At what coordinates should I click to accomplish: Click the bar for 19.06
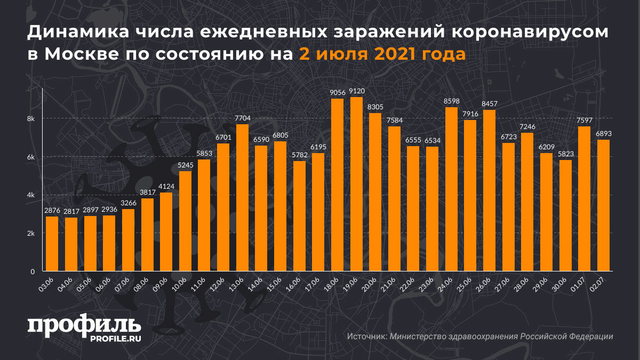click(356, 184)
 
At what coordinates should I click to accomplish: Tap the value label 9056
click(338, 93)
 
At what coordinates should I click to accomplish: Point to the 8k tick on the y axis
click(31, 118)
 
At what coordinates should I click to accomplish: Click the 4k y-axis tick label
click(31, 195)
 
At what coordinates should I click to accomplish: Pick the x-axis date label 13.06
click(237, 282)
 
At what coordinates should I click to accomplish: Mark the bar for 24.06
click(451, 189)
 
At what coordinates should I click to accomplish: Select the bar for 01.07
click(584, 199)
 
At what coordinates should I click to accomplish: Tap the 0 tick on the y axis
click(32, 271)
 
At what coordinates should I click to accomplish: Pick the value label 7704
click(243, 118)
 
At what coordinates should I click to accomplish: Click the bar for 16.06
click(299, 216)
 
